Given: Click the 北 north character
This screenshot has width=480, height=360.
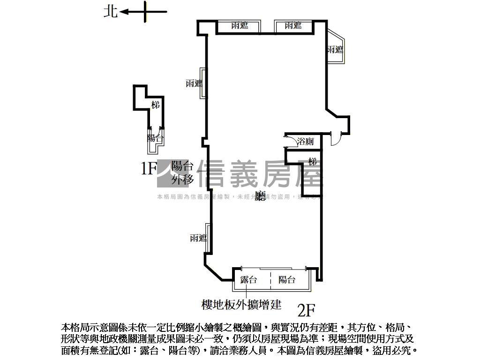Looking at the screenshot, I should click(x=111, y=11).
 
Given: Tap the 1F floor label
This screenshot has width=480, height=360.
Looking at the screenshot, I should click(x=149, y=168).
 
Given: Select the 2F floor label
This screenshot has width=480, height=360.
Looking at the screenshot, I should click(x=306, y=310).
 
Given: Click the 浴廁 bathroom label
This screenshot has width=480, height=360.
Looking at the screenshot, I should click(x=305, y=141).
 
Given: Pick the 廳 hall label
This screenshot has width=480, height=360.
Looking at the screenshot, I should click(x=261, y=196).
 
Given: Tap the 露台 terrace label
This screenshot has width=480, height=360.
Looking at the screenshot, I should click(x=248, y=280).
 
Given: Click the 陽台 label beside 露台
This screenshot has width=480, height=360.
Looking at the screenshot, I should click(x=287, y=280).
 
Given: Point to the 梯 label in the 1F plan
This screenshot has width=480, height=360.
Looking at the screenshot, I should click(x=156, y=105).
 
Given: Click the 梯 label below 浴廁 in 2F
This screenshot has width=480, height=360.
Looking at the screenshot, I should click(x=313, y=162).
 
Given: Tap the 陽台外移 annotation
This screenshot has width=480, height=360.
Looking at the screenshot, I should click(x=182, y=172).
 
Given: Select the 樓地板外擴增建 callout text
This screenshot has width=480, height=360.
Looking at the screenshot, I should click(x=241, y=305).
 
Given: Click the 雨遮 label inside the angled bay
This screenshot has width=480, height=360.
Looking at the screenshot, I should click(x=335, y=50).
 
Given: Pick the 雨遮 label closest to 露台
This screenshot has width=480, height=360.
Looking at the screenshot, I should click(x=198, y=238).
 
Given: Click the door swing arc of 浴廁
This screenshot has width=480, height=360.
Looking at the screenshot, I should click(x=289, y=139).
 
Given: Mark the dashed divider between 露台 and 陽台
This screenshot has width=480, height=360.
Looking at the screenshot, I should click(x=270, y=280).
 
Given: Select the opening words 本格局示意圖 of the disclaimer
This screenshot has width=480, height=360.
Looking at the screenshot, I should click(x=89, y=327).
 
